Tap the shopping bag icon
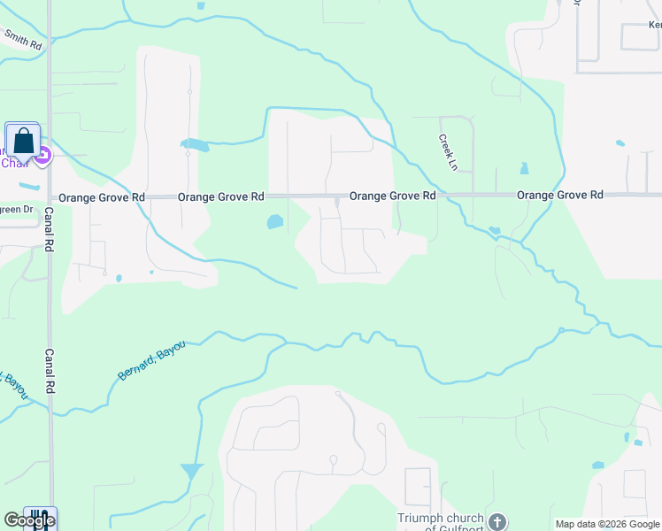23,142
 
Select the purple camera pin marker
43,155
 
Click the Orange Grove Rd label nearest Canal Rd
101,196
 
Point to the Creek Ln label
447,152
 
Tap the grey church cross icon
498,522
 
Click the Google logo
28,520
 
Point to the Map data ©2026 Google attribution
607,524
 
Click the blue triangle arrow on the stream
191,471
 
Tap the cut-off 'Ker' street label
653,27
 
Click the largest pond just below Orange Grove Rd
275,222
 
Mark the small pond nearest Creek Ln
524,168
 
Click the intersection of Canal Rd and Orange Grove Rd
50,196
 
